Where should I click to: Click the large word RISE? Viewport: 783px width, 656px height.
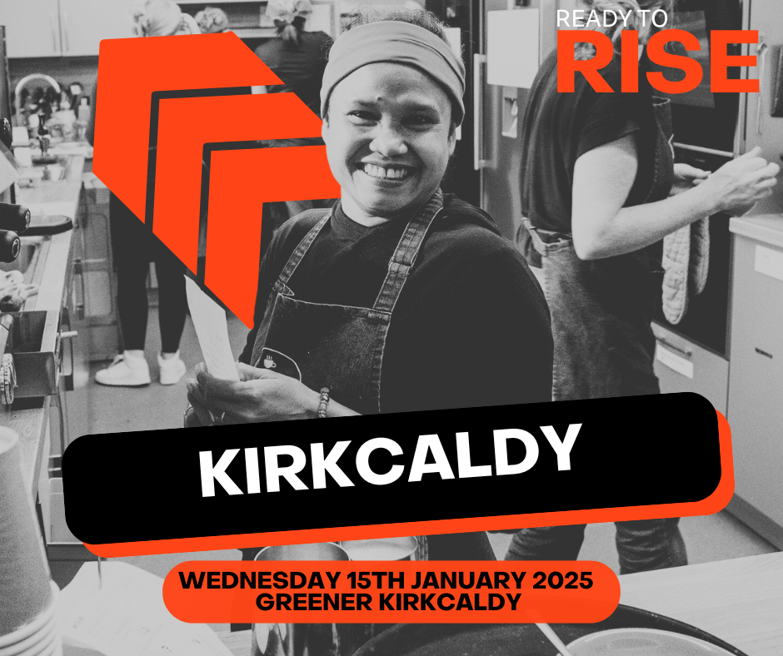658,62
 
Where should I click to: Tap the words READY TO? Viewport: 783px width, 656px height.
611,18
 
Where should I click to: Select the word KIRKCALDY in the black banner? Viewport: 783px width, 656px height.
391,460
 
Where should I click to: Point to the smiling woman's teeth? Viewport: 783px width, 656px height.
387,172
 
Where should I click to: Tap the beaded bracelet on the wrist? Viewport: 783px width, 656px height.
324,403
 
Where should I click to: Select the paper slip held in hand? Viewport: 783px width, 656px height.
212,330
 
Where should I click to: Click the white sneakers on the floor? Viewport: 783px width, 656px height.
141,368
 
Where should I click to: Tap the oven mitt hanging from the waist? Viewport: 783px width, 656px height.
685,270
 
